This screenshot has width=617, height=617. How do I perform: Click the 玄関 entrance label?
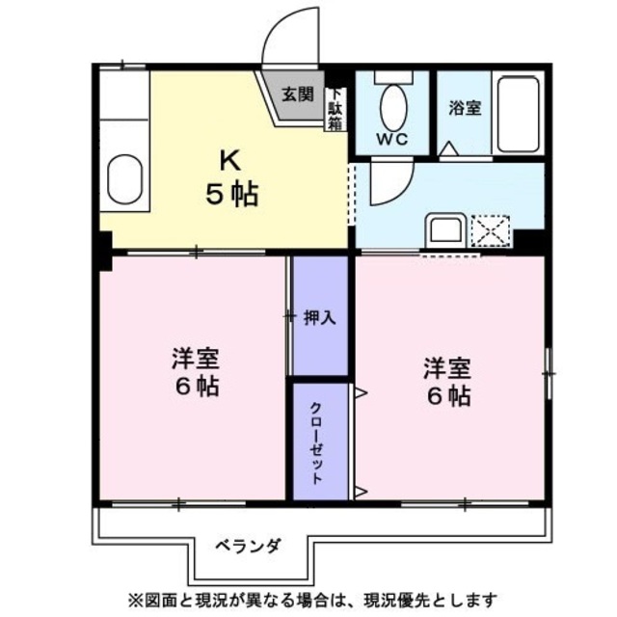pyautogui.click(x=298, y=94)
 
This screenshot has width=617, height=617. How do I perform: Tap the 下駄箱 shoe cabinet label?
pyautogui.click(x=335, y=110)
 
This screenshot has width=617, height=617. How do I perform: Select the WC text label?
pyautogui.click(x=392, y=139)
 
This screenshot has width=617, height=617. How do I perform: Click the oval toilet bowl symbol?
pyautogui.click(x=393, y=107)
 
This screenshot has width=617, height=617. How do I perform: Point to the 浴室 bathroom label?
pyautogui.click(x=465, y=107)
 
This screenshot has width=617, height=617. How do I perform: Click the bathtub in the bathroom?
pyautogui.click(x=518, y=114)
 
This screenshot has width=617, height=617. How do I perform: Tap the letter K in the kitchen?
pyautogui.click(x=230, y=160)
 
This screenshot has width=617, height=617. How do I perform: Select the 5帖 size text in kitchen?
pyautogui.click(x=232, y=194)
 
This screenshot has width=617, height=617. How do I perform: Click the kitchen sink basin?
pyautogui.click(x=124, y=179)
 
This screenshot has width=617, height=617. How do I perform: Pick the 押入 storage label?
pyautogui.click(x=319, y=317)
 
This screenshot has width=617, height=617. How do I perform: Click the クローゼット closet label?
pyautogui.click(x=316, y=443)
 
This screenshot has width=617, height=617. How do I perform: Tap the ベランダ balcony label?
pyautogui.click(x=249, y=547)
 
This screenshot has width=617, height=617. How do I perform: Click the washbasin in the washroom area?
pyautogui.click(x=445, y=229)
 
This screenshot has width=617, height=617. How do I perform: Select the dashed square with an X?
pyautogui.click(x=491, y=231)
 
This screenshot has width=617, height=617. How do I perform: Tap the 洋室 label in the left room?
pyautogui.click(x=195, y=358)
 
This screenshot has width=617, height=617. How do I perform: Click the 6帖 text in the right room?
pyautogui.click(x=448, y=396)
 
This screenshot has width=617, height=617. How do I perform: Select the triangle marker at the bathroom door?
pyautogui.click(x=449, y=148)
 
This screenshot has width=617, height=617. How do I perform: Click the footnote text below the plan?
pyautogui.click(x=312, y=600)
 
